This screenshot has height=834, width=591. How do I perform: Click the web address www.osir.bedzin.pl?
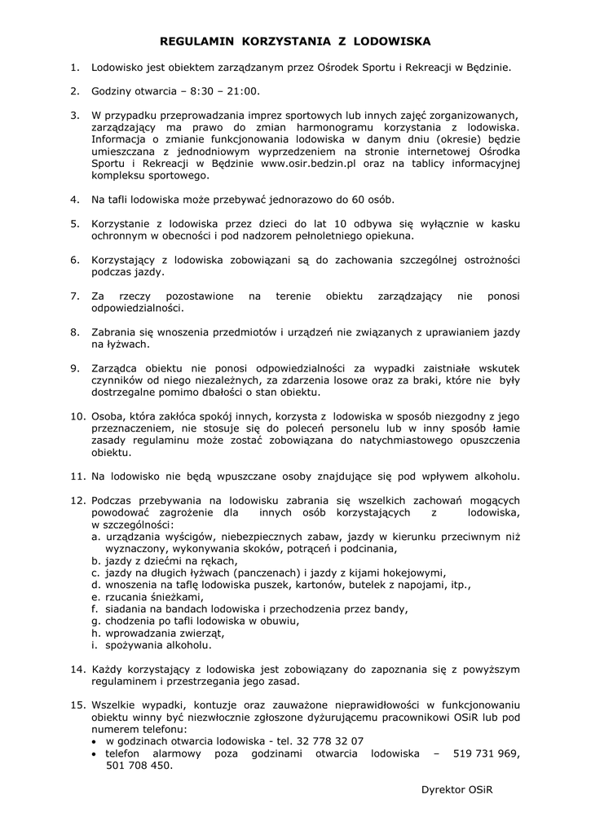(x=308, y=163)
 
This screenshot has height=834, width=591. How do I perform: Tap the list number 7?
(x=74, y=296)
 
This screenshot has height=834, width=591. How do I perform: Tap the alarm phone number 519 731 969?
(x=487, y=753)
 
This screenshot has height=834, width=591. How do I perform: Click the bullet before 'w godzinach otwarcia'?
(x=96, y=742)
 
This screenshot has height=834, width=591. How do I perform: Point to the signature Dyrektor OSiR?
(x=458, y=790)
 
